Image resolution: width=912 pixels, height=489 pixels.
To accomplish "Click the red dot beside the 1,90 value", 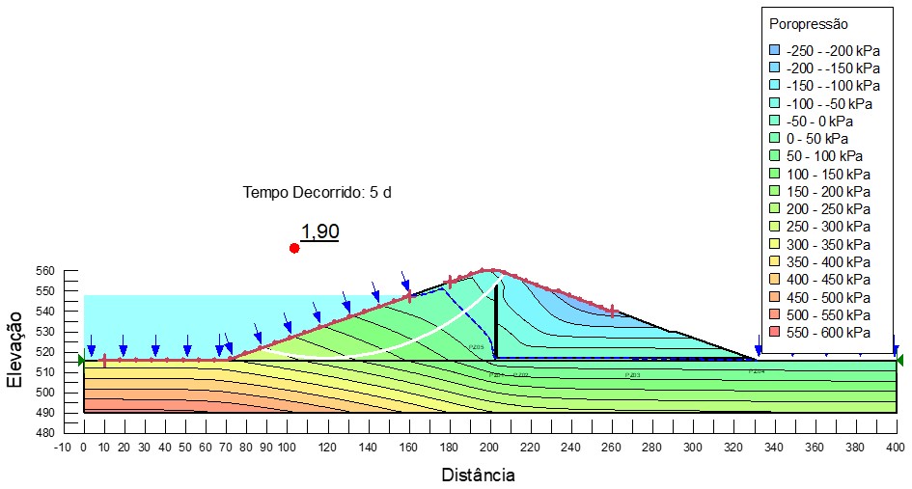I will (294, 248).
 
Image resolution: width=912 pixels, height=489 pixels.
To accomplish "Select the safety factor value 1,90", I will (319, 231).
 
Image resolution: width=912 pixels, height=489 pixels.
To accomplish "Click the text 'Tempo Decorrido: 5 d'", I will (317, 192).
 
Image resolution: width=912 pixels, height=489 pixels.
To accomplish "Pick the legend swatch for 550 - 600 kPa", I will (773, 332).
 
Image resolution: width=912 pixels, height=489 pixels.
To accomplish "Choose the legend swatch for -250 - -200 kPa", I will (773, 50).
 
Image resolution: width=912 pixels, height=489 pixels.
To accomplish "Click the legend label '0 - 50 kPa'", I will (816, 138).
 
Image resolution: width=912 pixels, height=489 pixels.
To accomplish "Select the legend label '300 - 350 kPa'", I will (827, 244).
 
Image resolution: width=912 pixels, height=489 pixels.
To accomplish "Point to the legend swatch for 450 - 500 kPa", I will (773, 297).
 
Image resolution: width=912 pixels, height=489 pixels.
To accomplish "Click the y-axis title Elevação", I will (15, 349).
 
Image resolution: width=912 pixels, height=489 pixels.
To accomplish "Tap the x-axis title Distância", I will (478, 475).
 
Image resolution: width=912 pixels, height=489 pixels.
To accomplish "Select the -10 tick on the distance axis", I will (64, 448).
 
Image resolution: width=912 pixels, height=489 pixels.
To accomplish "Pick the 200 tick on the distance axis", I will (490, 448).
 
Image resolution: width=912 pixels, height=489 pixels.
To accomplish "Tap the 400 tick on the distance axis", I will (896, 448).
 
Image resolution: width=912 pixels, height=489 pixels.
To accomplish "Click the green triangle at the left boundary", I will (81, 361).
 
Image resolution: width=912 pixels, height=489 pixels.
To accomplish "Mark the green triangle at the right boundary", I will (899, 361).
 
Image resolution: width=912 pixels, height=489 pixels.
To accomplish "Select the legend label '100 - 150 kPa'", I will (827, 174).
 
